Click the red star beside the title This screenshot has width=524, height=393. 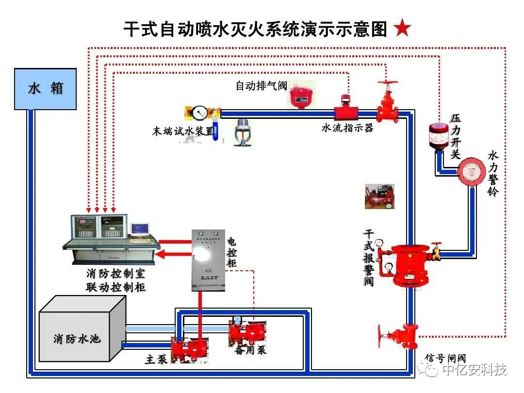click(x=402, y=29)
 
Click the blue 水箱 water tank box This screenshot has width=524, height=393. click(x=45, y=89)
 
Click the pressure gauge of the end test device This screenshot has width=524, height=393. click(x=199, y=113)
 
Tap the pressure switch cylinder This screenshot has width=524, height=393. click(x=438, y=135)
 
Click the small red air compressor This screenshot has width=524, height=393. click(x=379, y=196)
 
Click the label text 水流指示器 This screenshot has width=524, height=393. click(x=347, y=128)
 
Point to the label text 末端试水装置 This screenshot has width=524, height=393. click(x=182, y=131)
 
